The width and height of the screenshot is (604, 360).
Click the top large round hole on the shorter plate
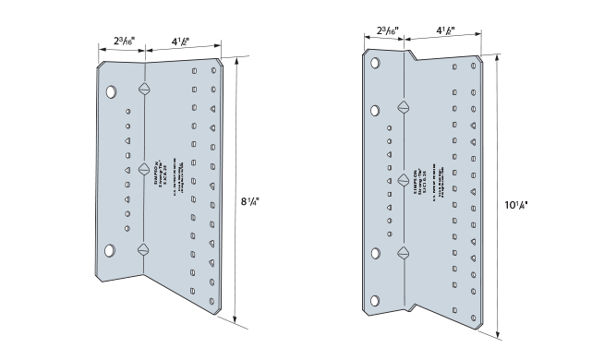(x=111, y=92)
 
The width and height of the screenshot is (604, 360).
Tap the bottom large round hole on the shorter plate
(x=111, y=250)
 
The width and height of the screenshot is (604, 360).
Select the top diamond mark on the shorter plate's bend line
(x=143, y=90)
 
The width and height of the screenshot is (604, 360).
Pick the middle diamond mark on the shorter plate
(x=143, y=169)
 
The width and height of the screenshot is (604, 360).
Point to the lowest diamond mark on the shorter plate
(x=143, y=248)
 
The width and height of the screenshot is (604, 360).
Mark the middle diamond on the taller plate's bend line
(x=403, y=179)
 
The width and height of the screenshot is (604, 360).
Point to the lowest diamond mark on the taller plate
(x=403, y=252)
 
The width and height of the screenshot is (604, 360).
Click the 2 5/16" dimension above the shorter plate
(x=120, y=41)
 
